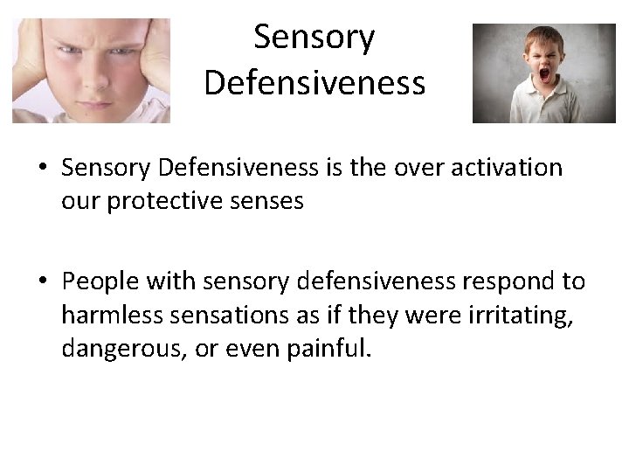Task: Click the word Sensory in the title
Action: (314, 38)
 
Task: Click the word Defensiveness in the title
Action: (314, 82)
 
